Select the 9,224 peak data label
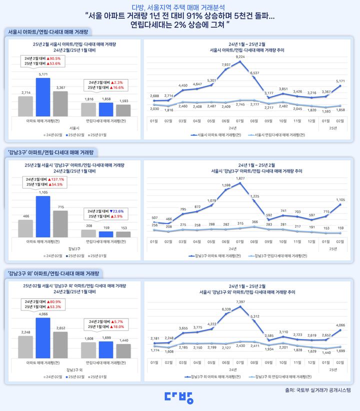[240, 57]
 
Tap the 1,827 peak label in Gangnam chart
[240, 178]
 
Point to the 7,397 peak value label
[240, 302]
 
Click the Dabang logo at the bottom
[179, 396]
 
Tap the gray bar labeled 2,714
[25, 106]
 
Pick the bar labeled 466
[25, 228]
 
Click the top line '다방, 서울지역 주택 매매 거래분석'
[179, 7]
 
